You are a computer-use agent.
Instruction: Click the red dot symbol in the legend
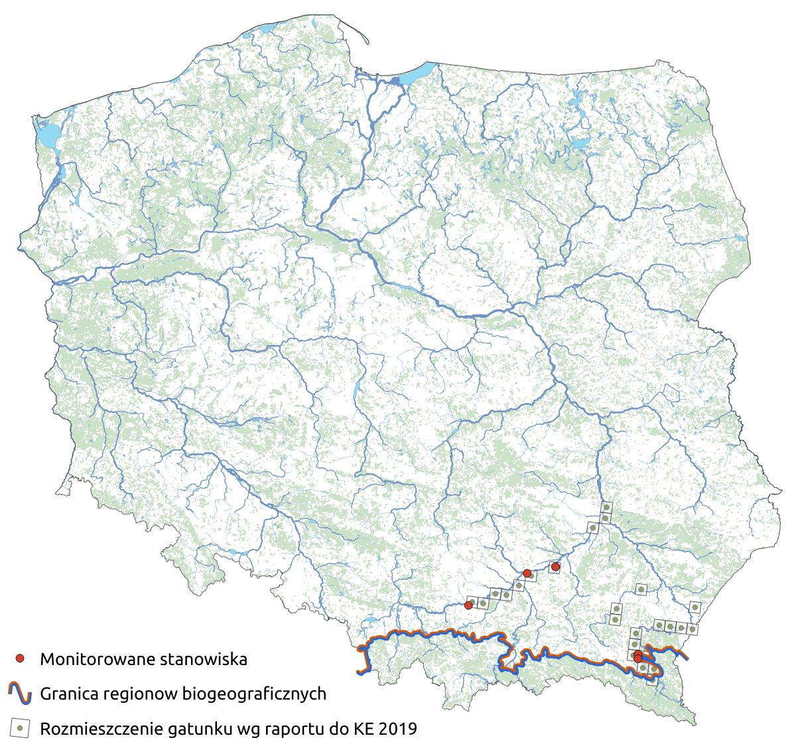[x=20, y=659]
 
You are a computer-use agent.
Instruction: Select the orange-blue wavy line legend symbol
[x=20, y=694]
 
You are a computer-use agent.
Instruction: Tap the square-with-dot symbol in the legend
[x=20, y=729]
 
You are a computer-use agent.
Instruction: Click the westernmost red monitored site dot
[x=468, y=605]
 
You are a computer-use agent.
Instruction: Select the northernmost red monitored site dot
[x=555, y=567]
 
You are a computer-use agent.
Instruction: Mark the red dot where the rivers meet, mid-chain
[x=527, y=573]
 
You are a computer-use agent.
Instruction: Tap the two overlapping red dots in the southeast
[x=637, y=657]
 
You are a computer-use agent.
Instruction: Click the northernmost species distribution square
[x=606, y=508]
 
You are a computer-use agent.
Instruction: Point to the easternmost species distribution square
[x=695, y=606]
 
